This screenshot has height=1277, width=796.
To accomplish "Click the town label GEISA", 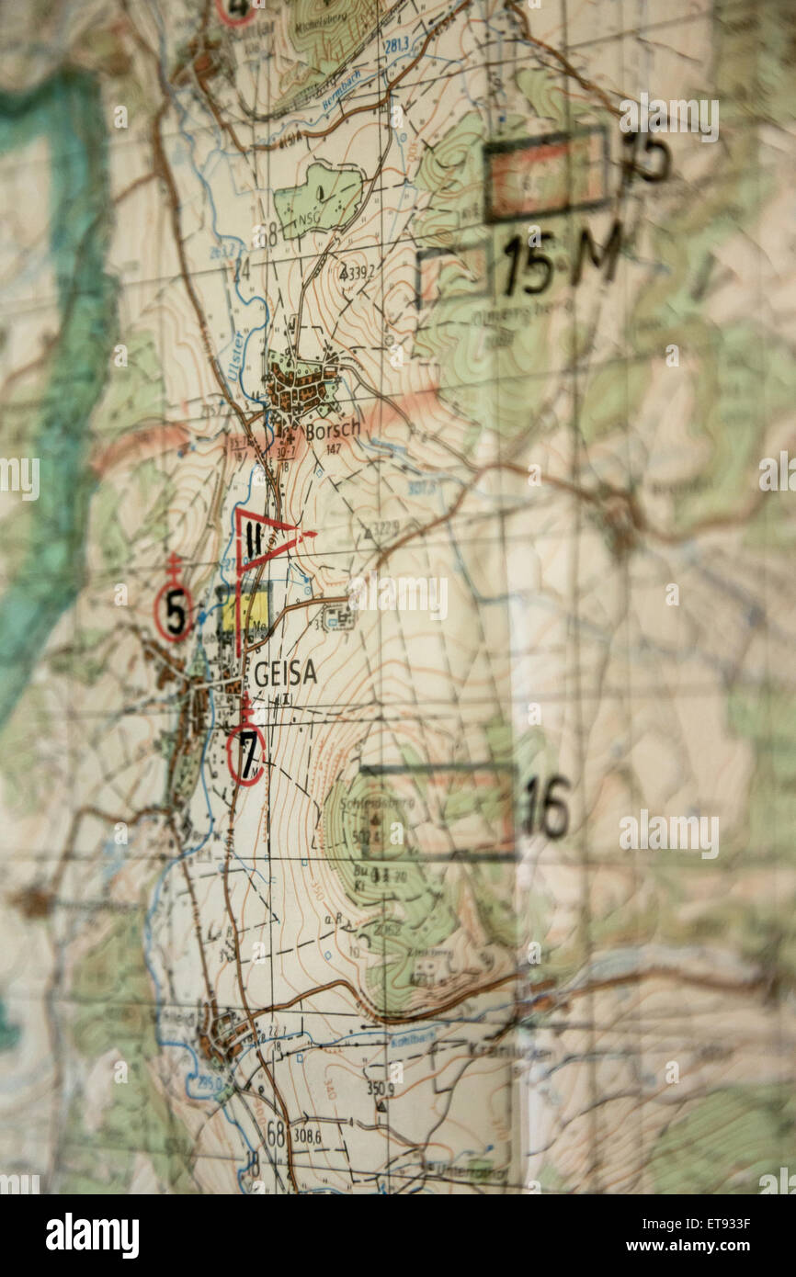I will [285, 673].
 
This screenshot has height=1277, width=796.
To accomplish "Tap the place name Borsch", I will [332, 429].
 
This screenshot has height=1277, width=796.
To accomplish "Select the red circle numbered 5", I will [174, 610].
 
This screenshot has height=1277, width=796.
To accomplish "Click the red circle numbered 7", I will [246, 753].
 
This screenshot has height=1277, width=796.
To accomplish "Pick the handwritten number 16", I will [545, 808].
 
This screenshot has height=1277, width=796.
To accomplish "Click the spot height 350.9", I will [381, 1089].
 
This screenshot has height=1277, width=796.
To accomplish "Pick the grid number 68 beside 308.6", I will [275, 1135].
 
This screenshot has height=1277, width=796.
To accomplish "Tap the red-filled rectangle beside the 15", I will [545, 175].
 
